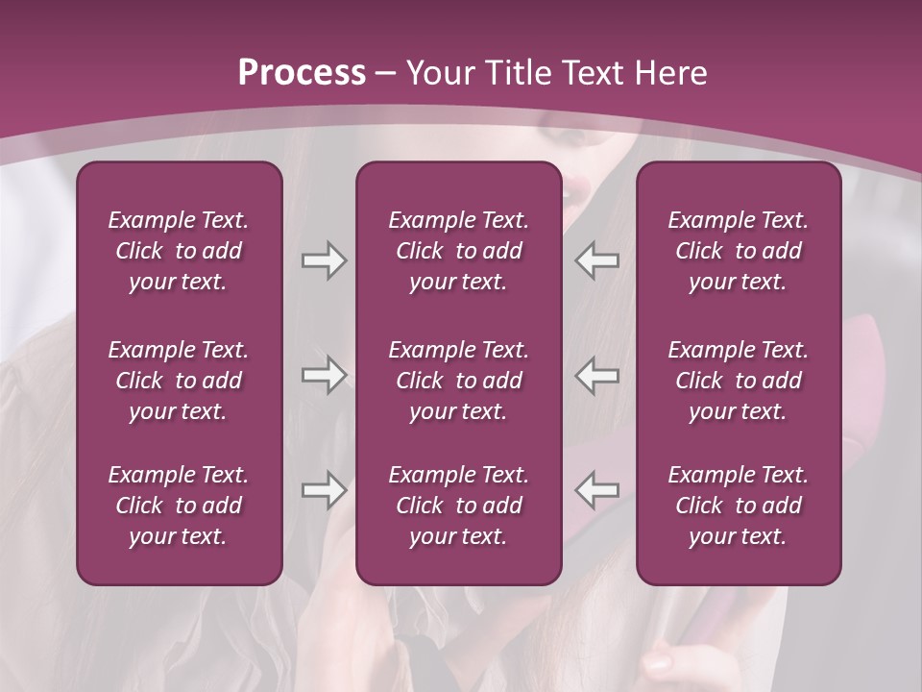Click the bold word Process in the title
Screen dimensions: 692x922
click(302, 73)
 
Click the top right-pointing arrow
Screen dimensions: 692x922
click(324, 260)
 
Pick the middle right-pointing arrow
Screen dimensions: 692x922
click(324, 375)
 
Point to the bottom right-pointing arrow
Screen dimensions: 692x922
click(324, 490)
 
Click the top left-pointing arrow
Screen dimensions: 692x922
click(596, 260)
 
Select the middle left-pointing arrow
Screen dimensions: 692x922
click(596, 375)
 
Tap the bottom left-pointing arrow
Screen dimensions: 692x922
click(596, 490)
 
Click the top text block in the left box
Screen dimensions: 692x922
click(179, 251)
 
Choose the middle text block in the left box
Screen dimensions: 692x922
click(179, 381)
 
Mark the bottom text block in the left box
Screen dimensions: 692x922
click(179, 506)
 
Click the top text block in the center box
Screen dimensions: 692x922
click(459, 251)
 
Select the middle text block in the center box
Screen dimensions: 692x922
click(459, 381)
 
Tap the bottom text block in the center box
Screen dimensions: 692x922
click(459, 506)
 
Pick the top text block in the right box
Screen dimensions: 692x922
click(739, 251)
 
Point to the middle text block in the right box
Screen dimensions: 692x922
click(739, 381)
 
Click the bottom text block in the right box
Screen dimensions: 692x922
click(739, 506)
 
